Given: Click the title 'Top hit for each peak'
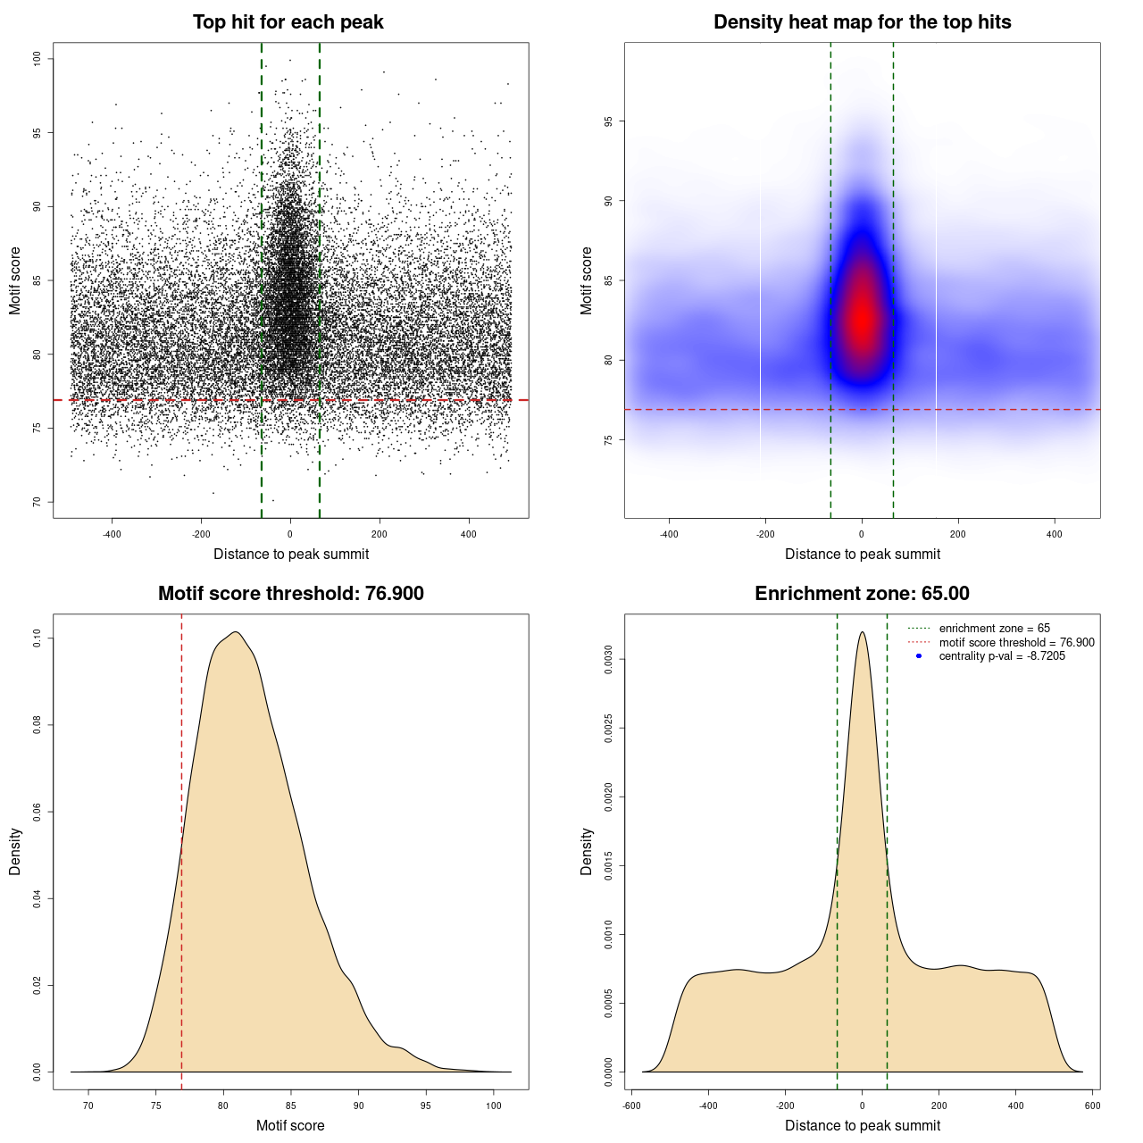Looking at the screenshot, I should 288,22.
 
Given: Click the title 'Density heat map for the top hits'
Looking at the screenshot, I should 862,22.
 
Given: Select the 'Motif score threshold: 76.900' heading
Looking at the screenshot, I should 290,594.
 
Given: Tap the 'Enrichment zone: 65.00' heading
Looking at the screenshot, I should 862,594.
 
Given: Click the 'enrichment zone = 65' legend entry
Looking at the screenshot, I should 994,629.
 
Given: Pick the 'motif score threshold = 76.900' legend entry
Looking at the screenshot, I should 1016,642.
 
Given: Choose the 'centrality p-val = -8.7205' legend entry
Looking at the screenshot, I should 1002,656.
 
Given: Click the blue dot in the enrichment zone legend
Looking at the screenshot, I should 919,656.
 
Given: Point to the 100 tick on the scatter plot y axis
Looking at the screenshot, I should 37,59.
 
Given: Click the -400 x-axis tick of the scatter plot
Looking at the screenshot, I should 112,534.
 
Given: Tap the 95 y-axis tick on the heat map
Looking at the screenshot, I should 608,121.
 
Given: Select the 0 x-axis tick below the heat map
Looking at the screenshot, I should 862,534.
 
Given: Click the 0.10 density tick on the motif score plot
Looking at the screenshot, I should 37,638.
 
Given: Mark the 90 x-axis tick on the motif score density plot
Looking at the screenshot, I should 358,1105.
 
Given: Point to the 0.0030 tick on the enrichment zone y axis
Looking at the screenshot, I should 608,660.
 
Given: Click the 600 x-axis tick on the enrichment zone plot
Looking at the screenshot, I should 1092,1105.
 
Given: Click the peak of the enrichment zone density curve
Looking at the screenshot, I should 862,632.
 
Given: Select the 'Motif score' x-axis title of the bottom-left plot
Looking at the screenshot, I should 290,1125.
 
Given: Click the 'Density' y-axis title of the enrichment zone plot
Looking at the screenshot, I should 587,851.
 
